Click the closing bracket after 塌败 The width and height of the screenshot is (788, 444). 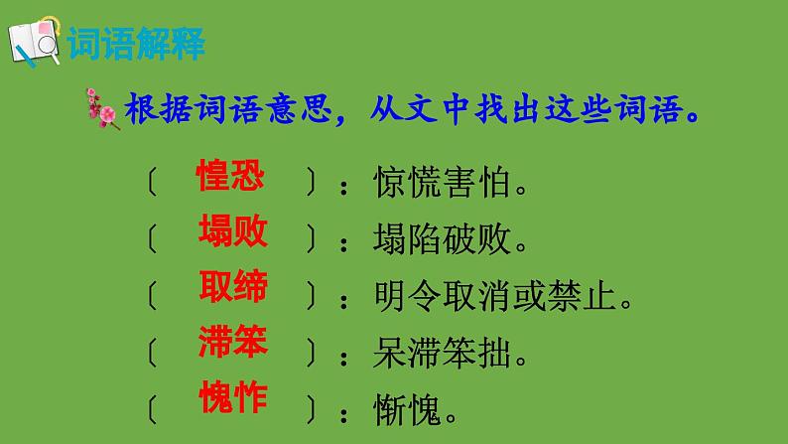pos(311,239)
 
